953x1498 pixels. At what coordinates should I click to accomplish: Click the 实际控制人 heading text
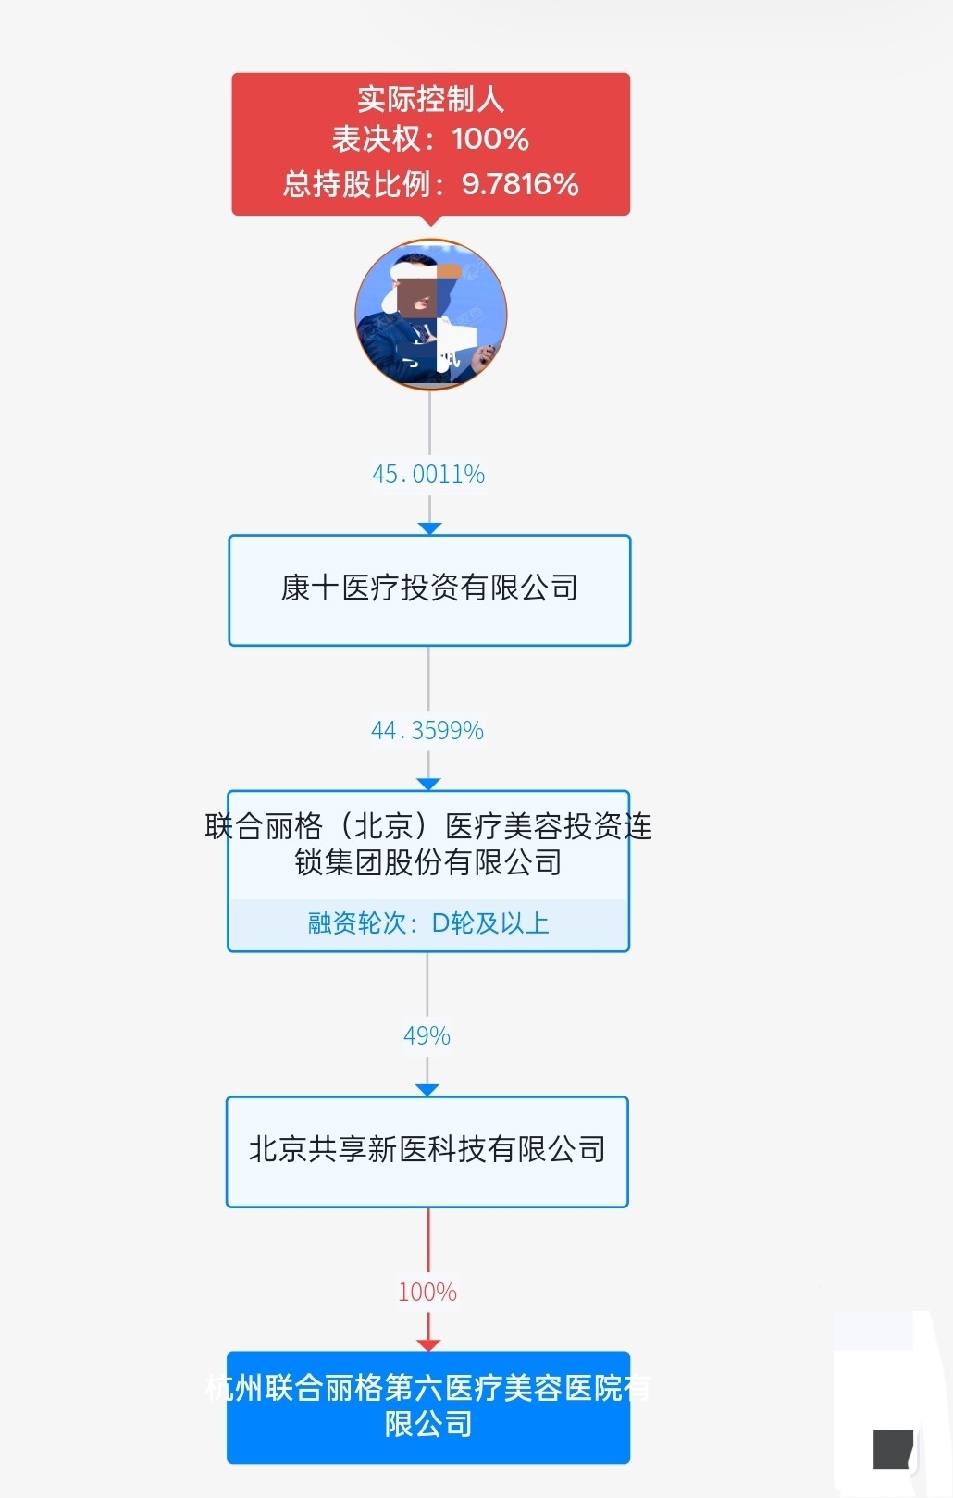tap(430, 99)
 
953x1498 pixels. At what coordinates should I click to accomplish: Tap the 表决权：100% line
tap(430, 139)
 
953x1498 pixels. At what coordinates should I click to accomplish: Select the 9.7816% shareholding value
tap(520, 184)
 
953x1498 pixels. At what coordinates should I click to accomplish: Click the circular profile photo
tap(430, 315)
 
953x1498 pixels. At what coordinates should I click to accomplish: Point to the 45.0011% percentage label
tap(428, 475)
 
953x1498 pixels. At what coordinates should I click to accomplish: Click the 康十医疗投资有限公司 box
tap(429, 589)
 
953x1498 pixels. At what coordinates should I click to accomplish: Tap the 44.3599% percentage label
tap(427, 731)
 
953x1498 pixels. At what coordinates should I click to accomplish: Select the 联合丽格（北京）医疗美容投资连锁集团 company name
tap(428, 843)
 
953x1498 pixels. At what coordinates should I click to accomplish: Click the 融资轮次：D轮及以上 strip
tap(428, 923)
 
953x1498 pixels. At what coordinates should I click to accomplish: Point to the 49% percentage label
tap(427, 1036)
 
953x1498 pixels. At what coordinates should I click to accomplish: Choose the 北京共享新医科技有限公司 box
tap(427, 1151)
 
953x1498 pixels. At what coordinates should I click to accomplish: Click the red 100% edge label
tap(427, 1293)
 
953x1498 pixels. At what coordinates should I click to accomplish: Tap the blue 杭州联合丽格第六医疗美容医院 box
tap(428, 1406)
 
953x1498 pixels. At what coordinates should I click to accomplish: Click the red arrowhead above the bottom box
tap(428, 1344)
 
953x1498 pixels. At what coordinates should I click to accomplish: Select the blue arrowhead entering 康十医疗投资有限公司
tap(429, 528)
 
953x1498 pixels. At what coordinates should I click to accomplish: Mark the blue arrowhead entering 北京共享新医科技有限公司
tap(427, 1090)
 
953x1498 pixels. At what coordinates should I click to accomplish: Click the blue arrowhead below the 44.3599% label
tap(428, 784)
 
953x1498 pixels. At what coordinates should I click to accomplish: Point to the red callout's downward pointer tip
tap(430, 222)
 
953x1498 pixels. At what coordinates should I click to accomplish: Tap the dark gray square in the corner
tap(893, 1449)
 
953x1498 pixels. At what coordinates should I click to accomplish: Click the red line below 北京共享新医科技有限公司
tap(428, 1240)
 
